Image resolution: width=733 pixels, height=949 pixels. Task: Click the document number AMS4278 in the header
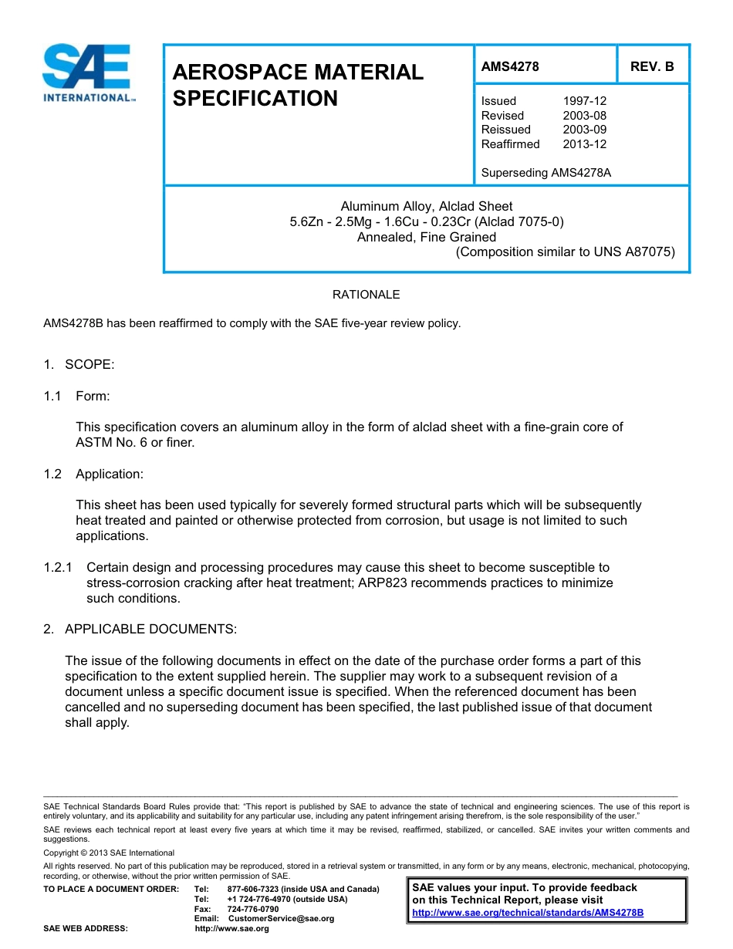[510, 66]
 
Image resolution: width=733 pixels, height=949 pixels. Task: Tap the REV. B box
[652, 66]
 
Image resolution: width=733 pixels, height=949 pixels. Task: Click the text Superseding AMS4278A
[546, 173]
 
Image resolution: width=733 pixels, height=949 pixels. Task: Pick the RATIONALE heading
[366, 295]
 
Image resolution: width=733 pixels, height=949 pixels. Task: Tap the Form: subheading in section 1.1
[93, 396]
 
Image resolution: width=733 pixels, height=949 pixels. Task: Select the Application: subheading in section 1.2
[109, 474]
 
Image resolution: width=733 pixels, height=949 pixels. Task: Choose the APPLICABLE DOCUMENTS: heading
[150, 629]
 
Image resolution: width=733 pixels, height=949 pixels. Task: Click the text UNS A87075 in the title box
[633, 252]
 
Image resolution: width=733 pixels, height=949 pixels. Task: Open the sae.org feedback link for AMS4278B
[528, 913]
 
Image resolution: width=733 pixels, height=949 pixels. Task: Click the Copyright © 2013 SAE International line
[109, 853]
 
